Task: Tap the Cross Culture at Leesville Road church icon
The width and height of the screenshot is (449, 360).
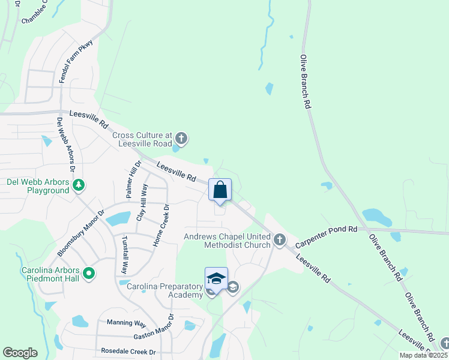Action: (x=181, y=139)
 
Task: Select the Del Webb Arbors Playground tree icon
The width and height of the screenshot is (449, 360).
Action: (x=79, y=185)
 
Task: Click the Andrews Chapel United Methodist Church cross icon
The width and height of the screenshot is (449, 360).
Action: (x=279, y=241)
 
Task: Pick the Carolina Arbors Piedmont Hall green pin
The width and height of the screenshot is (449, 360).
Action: (x=89, y=274)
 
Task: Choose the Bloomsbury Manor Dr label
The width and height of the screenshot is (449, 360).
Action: (x=81, y=233)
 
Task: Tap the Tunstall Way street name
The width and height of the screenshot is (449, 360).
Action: (x=125, y=254)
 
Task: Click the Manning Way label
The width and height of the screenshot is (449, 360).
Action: (x=123, y=322)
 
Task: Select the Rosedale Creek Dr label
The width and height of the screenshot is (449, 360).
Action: (x=128, y=352)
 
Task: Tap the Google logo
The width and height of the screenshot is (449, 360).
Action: (x=20, y=353)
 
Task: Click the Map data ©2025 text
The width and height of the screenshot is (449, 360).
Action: (x=423, y=355)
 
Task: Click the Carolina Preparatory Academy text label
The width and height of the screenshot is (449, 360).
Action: (x=165, y=290)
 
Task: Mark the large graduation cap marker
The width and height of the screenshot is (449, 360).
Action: (x=216, y=278)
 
